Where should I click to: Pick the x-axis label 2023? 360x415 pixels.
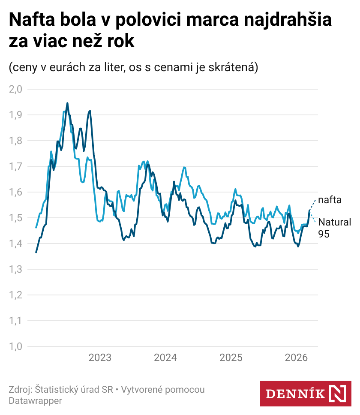click(100, 358)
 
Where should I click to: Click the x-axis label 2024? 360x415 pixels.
click(165, 358)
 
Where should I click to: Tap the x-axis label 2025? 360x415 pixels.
click(231, 358)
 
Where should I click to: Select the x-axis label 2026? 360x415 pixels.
click(297, 358)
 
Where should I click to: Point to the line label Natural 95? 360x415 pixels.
click(334, 228)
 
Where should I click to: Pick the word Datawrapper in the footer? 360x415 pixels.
click(35, 401)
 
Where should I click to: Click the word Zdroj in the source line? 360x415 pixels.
click(19, 390)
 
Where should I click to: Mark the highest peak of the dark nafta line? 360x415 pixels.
click(67, 103)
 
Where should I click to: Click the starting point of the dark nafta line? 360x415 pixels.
click(36, 252)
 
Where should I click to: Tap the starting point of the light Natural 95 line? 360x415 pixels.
click(36, 227)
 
